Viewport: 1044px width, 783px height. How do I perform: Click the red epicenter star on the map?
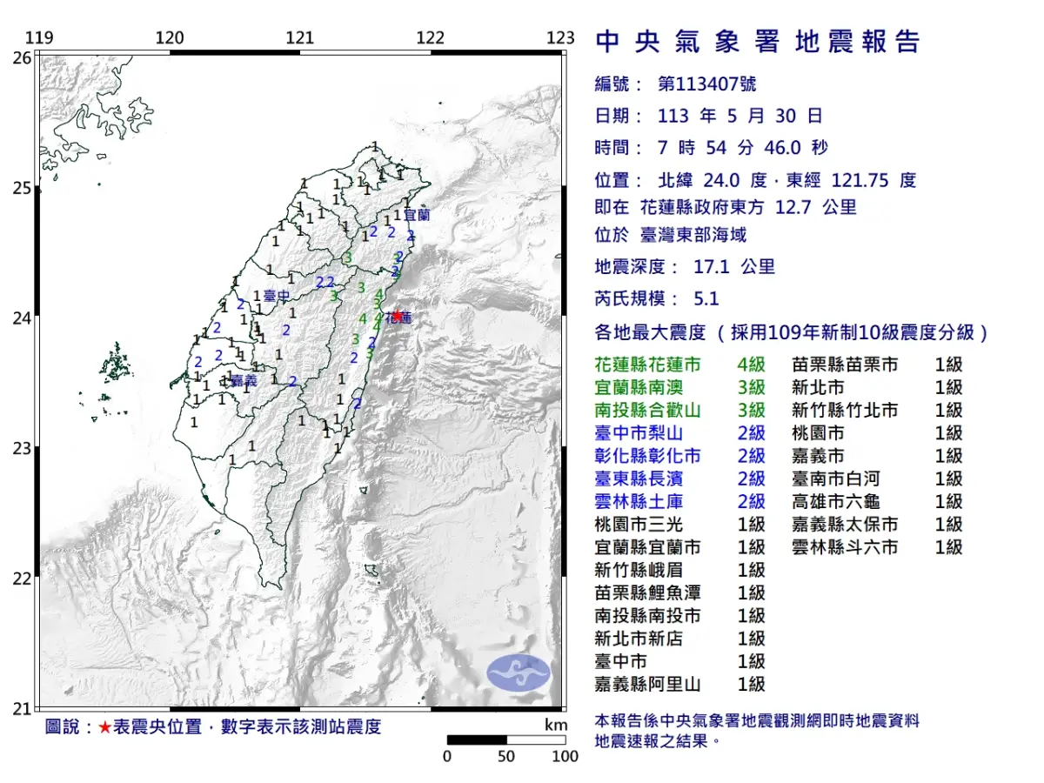point(397,316)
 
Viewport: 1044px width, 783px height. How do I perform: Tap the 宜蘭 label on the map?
point(417,213)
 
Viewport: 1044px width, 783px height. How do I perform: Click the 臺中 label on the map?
point(277,297)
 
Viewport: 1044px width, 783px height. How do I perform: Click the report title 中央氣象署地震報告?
point(757,42)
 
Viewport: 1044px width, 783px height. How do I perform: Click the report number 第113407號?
point(707,84)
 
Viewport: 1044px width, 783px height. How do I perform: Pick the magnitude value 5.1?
point(706,298)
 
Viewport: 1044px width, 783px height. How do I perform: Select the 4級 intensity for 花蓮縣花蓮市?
point(751,365)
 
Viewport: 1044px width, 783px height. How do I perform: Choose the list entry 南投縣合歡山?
point(648,411)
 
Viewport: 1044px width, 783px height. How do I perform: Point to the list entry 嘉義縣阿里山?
point(648,684)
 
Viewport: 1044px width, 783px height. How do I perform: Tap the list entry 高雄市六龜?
point(836,501)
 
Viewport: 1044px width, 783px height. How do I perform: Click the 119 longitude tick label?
point(38,37)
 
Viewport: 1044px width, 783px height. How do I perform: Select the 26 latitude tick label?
point(21,57)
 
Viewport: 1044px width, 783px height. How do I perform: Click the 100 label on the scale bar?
point(565,756)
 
